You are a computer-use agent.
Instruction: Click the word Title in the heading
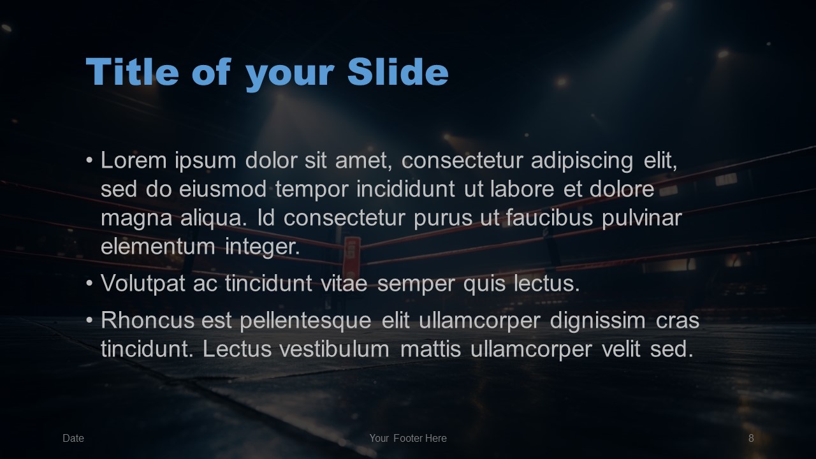tap(132, 71)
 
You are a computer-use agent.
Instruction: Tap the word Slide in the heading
tap(398, 71)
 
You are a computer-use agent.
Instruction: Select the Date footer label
tap(73, 438)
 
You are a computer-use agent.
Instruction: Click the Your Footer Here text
tap(408, 438)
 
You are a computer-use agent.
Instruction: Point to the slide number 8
tap(751, 438)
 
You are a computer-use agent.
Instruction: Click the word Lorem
tap(134, 160)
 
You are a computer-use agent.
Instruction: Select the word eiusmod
tap(222, 189)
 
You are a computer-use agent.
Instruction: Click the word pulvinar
tap(642, 219)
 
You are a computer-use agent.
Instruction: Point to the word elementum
tap(157, 247)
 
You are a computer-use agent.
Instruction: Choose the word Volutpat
tap(143, 284)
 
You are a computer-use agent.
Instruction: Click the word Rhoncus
tap(147, 321)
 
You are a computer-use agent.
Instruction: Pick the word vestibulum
tap(335, 349)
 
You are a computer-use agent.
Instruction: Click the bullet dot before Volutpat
tap(90, 283)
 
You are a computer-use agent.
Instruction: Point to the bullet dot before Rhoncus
tap(90, 320)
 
